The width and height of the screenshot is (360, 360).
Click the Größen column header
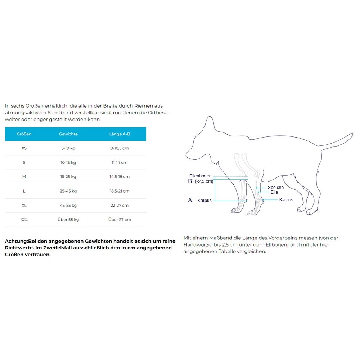coord(24,134)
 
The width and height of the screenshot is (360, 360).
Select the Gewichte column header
coord(68,134)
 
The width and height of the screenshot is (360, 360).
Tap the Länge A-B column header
coord(120,134)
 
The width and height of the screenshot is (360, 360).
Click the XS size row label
coord(24,148)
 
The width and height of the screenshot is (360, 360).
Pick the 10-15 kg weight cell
coord(68,162)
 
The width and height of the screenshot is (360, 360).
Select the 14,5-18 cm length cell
coord(120,177)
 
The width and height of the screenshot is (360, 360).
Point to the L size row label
coord(24,191)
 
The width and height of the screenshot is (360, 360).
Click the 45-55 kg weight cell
coord(68,206)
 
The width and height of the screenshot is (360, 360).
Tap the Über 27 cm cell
coord(120,220)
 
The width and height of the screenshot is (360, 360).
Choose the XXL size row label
coord(24,220)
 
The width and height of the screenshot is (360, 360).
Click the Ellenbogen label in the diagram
coord(201,176)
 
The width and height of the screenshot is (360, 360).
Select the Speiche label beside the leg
coord(275,188)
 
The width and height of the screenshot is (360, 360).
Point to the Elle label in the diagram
coord(274,192)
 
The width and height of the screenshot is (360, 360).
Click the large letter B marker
coord(190,181)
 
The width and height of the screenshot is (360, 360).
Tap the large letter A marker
coord(190,200)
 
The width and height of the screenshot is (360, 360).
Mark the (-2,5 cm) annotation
coord(204,181)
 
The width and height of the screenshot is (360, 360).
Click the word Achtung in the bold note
coord(16,241)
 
